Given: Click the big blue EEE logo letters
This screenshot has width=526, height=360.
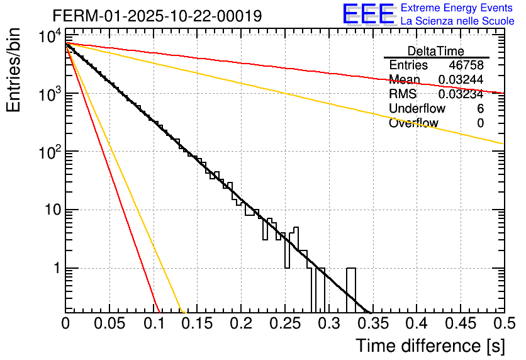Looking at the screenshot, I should [x=367, y=14].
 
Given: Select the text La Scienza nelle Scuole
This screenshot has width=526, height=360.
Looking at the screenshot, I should [x=457, y=21].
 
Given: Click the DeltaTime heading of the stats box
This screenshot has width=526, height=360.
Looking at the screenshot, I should [x=436, y=51].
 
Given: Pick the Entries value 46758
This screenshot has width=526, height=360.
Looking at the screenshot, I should [x=466, y=65].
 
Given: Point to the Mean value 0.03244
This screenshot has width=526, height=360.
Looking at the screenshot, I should [x=461, y=80].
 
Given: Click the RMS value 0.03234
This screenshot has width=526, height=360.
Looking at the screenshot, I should [x=461, y=94].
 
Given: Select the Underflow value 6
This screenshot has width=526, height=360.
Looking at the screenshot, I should [x=480, y=109].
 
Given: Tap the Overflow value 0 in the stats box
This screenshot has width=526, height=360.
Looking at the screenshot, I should [x=480, y=123].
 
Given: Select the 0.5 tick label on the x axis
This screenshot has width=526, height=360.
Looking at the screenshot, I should [x=502, y=325].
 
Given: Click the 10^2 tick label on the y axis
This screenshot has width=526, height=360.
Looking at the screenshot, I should [x=48, y=152].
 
